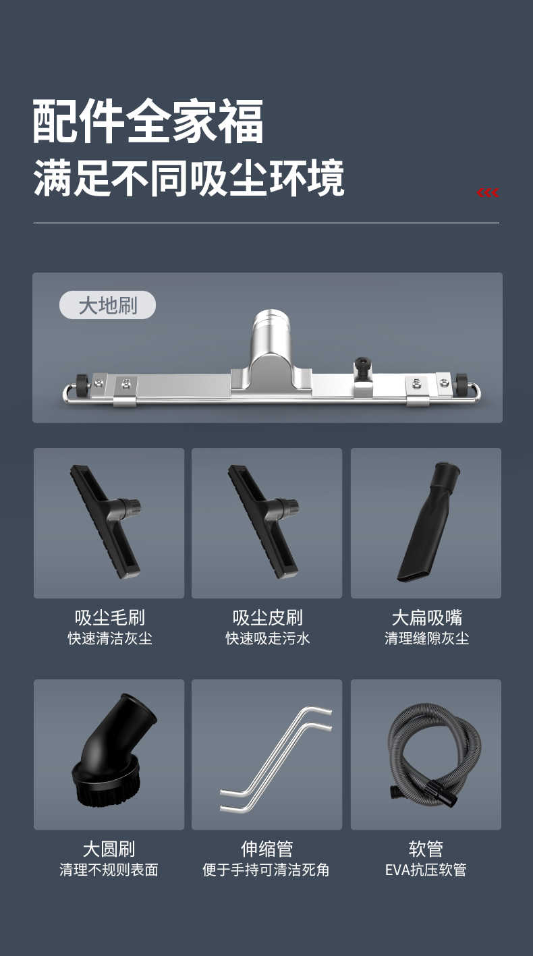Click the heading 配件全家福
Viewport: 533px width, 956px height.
click(x=148, y=121)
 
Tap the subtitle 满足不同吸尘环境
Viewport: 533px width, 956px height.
click(x=189, y=178)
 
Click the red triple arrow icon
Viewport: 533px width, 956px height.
click(x=488, y=193)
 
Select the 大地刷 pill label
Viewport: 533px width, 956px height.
click(x=107, y=305)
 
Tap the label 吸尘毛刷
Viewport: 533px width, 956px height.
click(x=110, y=617)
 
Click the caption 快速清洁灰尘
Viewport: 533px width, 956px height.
click(x=110, y=638)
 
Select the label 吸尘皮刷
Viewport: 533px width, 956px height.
click(x=268, y=617)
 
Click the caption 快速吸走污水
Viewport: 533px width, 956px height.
click(x=268, y=638)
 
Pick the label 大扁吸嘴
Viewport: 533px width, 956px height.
click(x=427, y=617)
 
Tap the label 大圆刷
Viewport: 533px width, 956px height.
click(x=109, y=849)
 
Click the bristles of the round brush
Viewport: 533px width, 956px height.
click(x=103, y=791)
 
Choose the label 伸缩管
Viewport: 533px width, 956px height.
click(x=266, y=849)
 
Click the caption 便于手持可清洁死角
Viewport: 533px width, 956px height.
click(x=266, y=870)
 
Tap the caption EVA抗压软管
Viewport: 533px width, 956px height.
click(x=426, y=870)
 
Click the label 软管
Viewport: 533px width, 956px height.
click(x=426, y=849)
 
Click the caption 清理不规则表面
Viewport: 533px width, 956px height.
click(x=109, y=870)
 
